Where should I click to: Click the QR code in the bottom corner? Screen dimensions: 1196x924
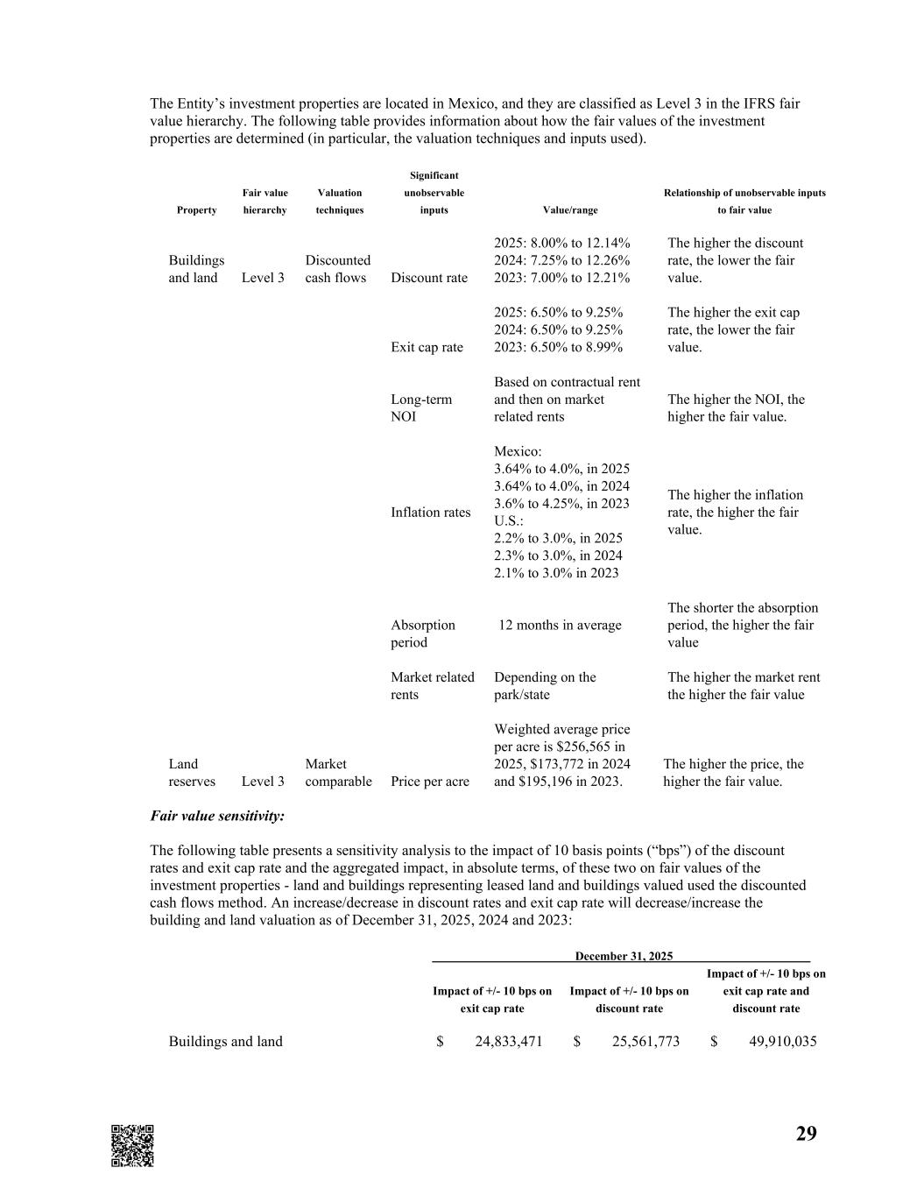[132, 1145]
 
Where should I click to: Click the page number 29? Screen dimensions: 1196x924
[806, 1134]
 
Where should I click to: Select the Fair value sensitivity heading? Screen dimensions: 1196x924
[217, 816]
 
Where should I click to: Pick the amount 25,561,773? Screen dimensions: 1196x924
[645, 1041]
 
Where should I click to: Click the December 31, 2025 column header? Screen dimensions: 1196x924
[624, 956]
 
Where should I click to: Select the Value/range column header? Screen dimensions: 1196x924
[570, 210]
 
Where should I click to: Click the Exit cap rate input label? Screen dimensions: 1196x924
[427, 347]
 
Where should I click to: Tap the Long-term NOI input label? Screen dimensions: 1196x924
[421, 407]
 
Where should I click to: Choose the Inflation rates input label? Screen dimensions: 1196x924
[430, 513]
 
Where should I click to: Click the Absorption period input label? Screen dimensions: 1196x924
[423, 633]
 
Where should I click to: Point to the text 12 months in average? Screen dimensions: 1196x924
[560, 625]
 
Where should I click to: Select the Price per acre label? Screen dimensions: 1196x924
[429, 782]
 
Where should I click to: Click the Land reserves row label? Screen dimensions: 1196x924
[192, 773]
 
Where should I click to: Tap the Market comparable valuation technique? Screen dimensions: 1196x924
[338, 773]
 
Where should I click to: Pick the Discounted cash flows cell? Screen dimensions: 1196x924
[337, 269]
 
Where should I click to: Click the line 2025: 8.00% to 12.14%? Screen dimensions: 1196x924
[561, 243]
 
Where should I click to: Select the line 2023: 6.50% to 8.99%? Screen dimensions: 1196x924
[558, 347]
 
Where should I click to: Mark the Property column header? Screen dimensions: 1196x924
[196, 210]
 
